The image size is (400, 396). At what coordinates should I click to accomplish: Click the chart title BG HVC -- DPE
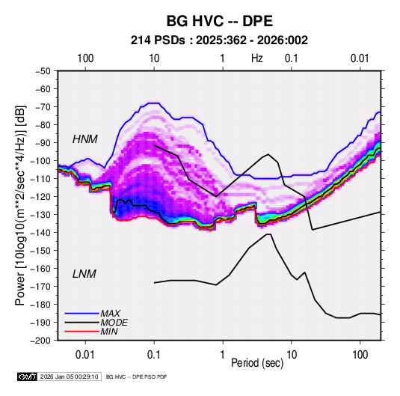(x=220, y=21)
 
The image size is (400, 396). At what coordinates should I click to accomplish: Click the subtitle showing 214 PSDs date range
(x=219, y=40)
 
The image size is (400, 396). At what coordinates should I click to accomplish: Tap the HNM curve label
(x=85, y=139)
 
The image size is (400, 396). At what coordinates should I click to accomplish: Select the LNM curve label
(x=84, y=274)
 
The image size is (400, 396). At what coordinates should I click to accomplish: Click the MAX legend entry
(x=110, y=313)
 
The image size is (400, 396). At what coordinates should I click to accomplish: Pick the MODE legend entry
(x=114, y=323)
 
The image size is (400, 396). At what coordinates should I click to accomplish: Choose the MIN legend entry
(x=109, y=332)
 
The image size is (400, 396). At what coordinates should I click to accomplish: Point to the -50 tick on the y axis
(x=43, y=71)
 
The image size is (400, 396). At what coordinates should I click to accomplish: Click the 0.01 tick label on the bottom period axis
(x=85, y=355)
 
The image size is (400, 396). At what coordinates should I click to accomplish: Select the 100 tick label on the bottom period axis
(x=360, y=355)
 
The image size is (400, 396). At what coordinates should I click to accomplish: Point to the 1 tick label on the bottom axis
(x=223, y=355)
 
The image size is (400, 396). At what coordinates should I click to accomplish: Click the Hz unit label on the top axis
(x=257, y=58)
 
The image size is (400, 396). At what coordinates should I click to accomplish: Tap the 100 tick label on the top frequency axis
(x=85, y=58)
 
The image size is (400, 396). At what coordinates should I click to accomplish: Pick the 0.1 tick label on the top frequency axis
(x=292, y=58)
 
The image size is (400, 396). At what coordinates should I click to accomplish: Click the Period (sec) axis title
(x=257, y=363)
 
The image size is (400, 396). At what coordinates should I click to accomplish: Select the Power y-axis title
(x=20, y=206)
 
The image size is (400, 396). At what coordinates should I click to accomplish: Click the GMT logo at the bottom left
(x=28, y=377)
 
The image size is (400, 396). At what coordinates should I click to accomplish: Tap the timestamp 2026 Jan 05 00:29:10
(x=69, y=377)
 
